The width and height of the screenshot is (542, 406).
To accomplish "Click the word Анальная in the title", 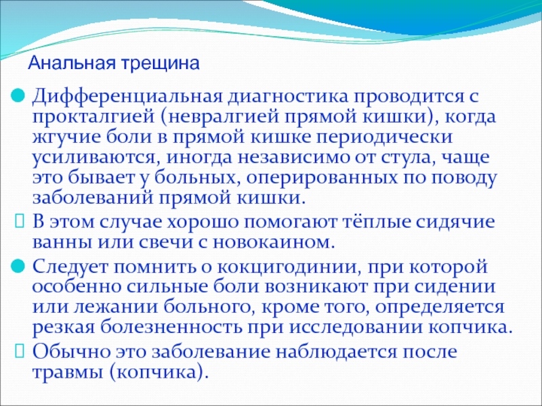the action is tap(72, 63).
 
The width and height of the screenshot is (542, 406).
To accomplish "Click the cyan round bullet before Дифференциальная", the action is tap(18, 95).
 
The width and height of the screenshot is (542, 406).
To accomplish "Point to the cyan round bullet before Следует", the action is tap(18, 267).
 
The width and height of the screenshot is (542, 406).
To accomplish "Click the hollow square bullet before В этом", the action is tap(20, 221).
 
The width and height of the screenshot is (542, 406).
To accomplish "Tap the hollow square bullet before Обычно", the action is tap(20, 351).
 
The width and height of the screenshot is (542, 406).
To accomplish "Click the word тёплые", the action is tap(376, 222).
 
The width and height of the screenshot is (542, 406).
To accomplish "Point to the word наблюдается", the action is tap(347, 352).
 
